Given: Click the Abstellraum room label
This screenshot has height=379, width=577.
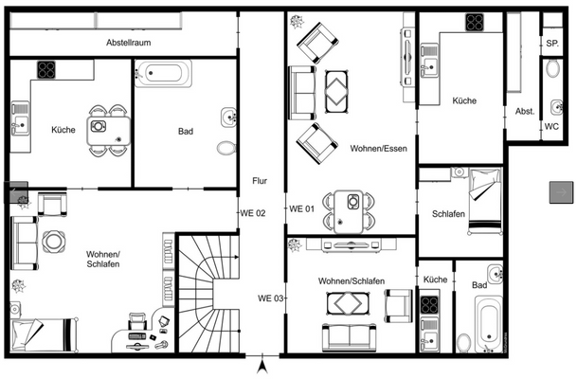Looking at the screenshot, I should point(130,43).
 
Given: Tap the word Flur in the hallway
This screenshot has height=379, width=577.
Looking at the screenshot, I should point(259,180).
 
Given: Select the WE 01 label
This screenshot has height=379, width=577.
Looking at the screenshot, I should point(300,209).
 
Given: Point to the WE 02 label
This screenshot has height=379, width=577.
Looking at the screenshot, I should point(253,212).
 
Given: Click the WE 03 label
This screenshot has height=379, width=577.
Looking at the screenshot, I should point(271,298).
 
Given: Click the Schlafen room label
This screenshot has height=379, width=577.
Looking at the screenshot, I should point(447,214).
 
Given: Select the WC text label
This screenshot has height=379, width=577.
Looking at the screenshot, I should point(551,126).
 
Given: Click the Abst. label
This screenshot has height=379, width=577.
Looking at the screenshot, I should point(525,111).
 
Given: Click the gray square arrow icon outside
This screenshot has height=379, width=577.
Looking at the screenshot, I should point(560,192).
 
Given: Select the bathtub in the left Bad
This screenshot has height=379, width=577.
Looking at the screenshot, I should point(163,73).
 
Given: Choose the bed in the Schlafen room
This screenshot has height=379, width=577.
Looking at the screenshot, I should point(483,200).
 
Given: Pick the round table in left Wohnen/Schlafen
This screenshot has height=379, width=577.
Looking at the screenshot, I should point(53,242).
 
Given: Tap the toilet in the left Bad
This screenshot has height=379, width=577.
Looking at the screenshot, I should point(225,148).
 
